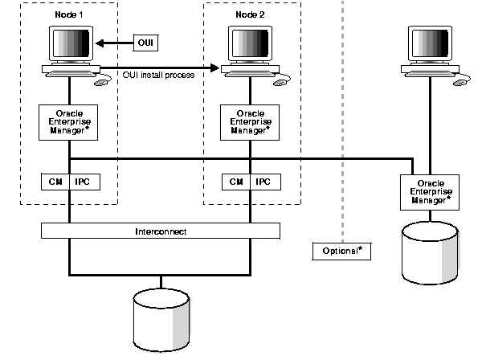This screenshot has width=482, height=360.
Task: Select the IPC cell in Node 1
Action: coord(84,182)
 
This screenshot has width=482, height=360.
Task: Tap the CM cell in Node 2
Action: coord(236,182)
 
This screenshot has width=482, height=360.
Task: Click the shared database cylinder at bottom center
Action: coord(161,314)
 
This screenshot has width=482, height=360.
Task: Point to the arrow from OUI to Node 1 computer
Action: coord(112,42)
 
